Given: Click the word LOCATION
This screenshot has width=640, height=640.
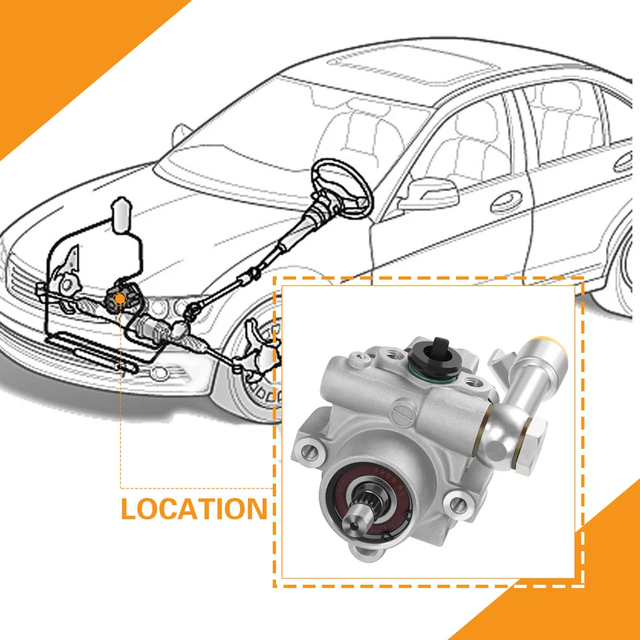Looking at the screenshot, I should tap(193, 508).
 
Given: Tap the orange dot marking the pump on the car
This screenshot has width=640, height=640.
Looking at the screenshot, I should tap(119, 299).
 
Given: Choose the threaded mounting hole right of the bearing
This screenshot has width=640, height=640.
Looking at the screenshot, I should tap(457, 501).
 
